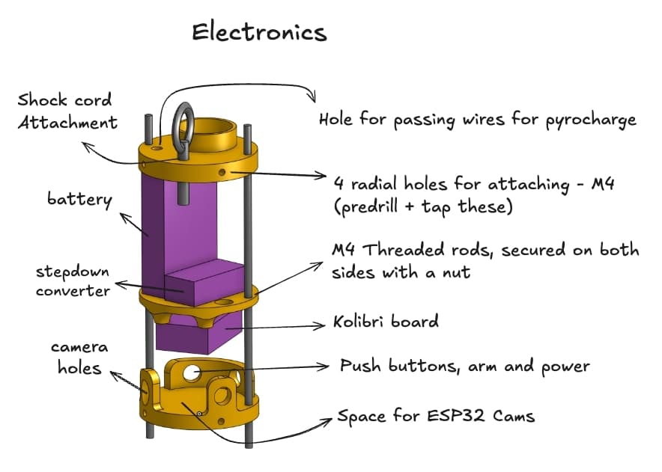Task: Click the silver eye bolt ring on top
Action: (x=183, y=124)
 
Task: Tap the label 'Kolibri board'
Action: (x=386, y=322)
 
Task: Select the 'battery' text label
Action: (x=79, y=200)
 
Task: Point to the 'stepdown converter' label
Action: (x=72, y=278)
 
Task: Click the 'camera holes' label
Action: (x=79, y=358)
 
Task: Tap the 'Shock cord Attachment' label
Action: (x=67, y=111)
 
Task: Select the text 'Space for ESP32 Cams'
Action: (x=436, y=416)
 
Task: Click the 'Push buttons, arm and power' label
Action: (x=464, y=367)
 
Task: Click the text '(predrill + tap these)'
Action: (x=422, y=205)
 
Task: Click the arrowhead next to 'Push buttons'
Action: (x=326, y=367)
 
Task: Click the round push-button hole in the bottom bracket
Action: (x=192, y=372)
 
